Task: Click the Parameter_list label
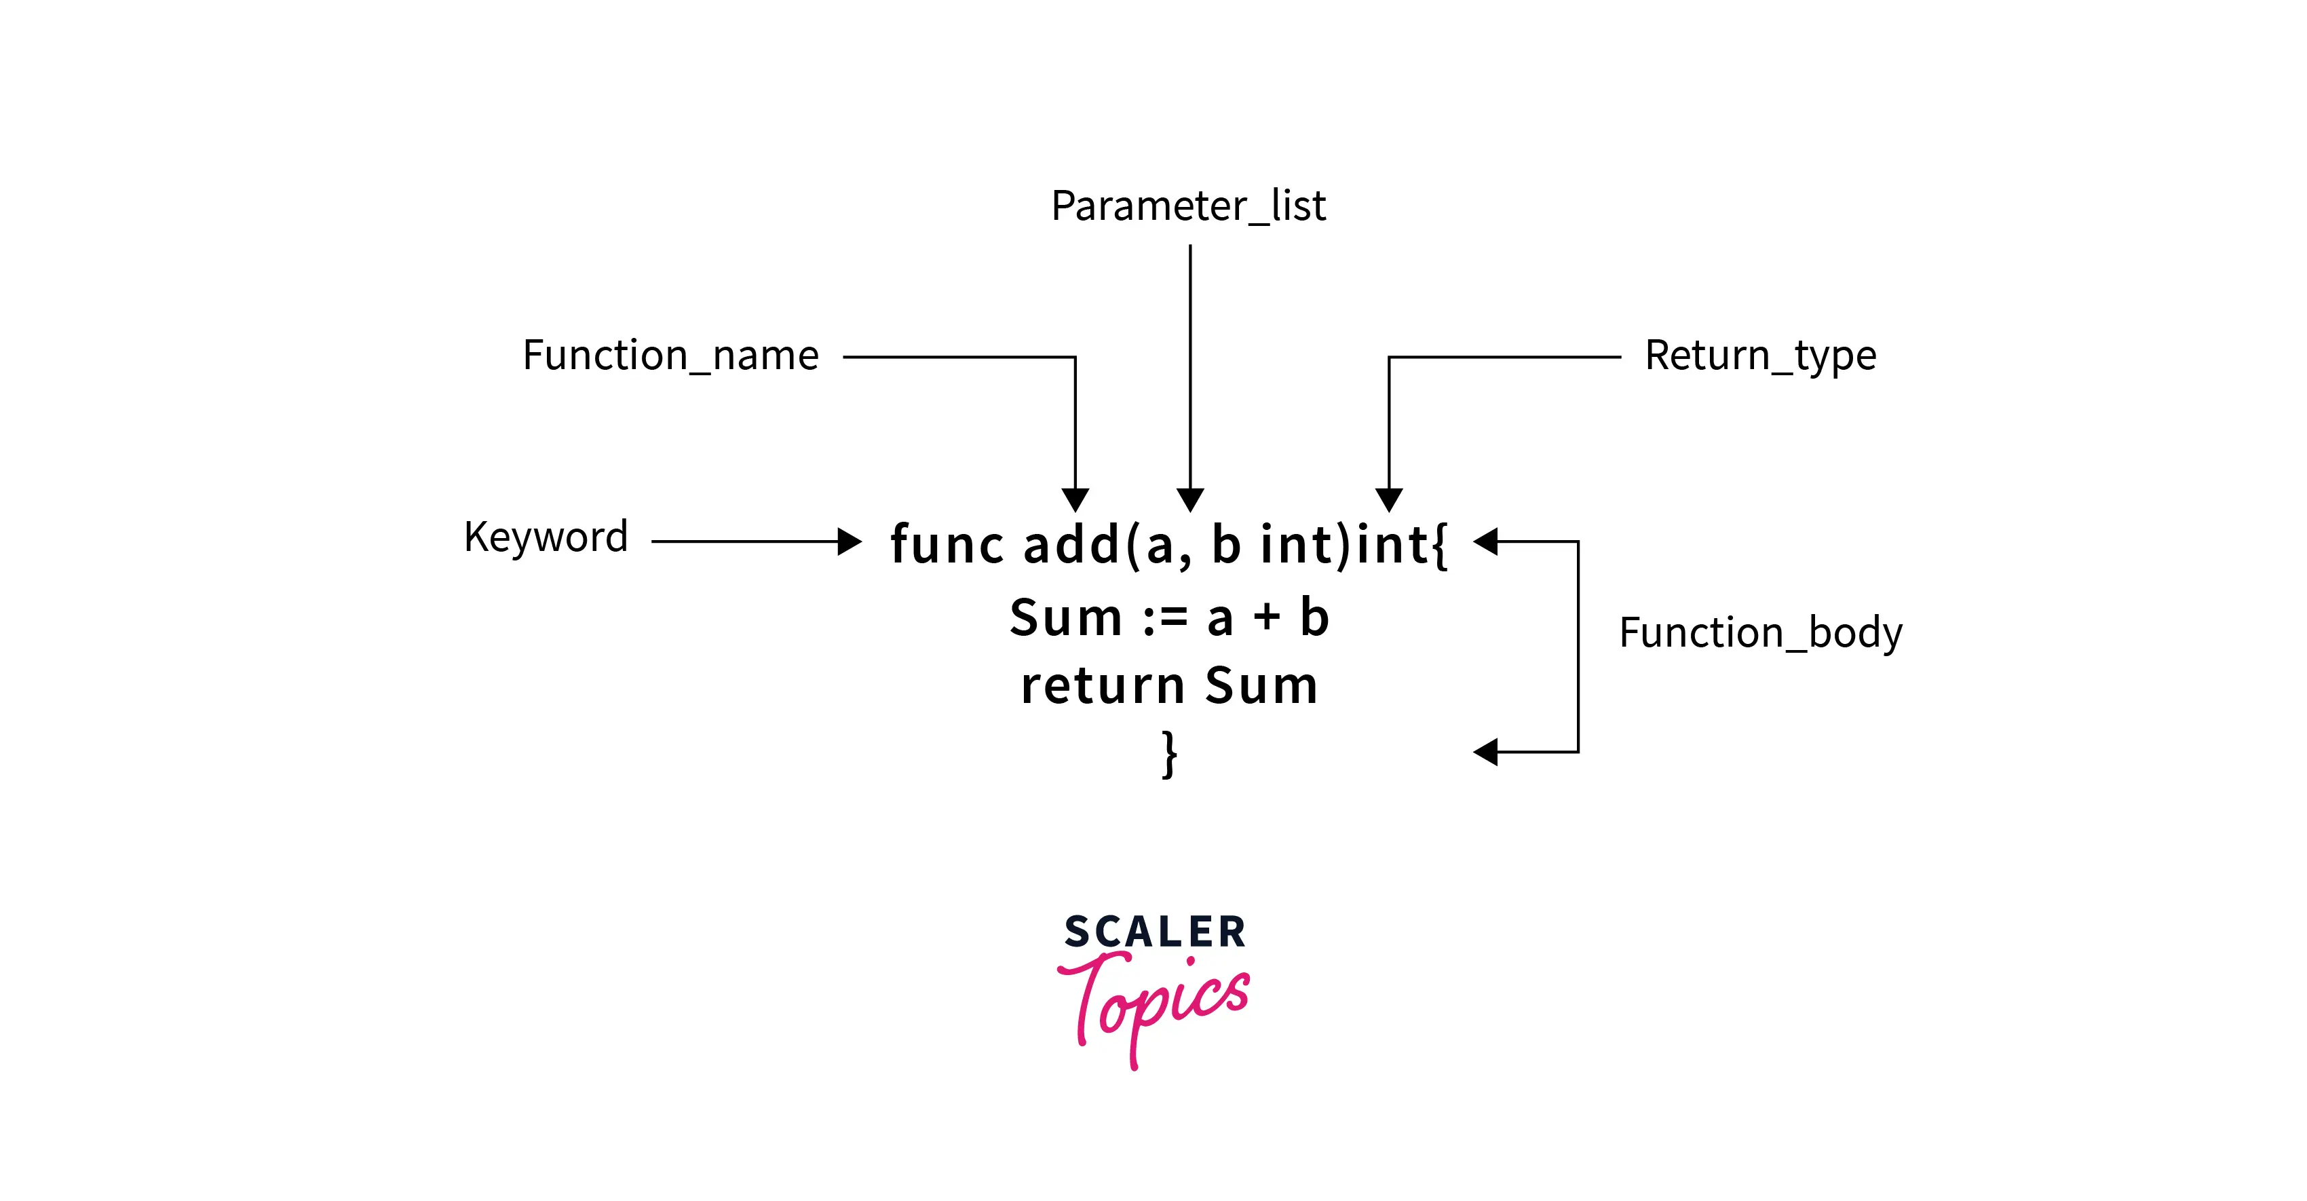[1187, 207]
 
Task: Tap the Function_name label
[671, 356]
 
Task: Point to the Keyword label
[546, 537]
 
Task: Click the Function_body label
[1760, 633]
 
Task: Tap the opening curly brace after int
[1439, 545]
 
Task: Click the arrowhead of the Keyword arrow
[849, 541]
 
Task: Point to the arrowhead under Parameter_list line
[1190, 500]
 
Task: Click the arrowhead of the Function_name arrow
[1075, 500]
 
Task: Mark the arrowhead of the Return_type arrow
[1389, 500]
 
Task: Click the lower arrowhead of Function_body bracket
[1486, 751]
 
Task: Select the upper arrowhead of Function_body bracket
[1486, 541]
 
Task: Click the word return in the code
[1103, 686]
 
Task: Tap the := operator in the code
[1165, 618]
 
